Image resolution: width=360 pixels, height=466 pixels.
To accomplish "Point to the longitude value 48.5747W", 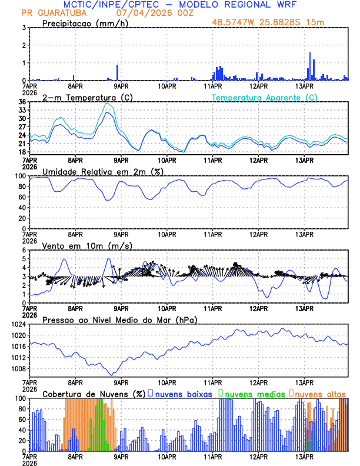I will (x=235, y=22).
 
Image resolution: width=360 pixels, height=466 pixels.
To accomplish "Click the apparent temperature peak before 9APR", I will (x=106, y=104).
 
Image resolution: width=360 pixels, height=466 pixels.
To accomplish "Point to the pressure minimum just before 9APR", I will (x=111, y=375).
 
